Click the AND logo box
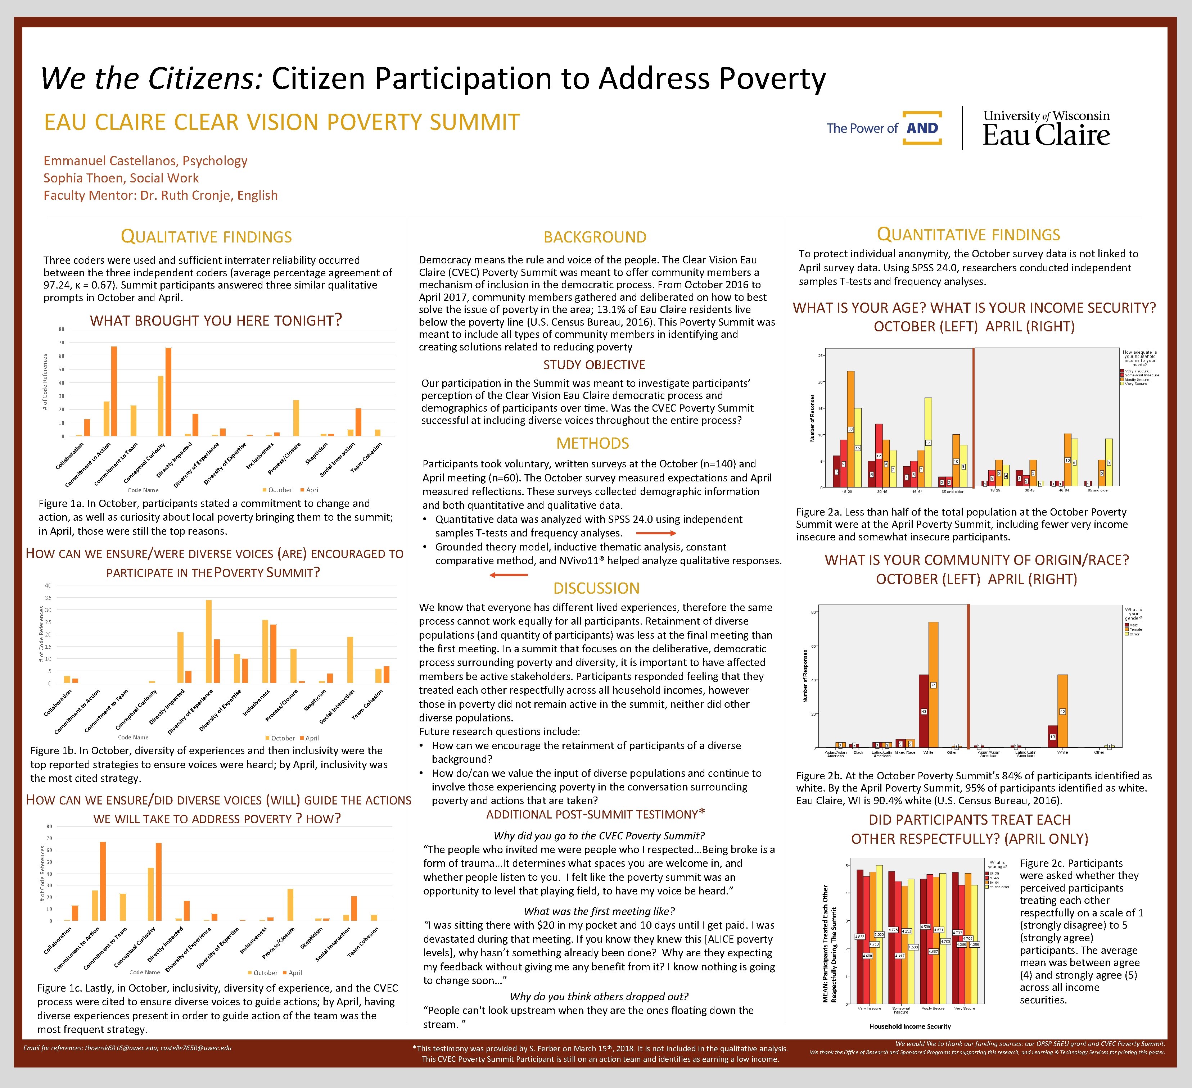click(x=922, y=128)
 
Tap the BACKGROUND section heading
click(x=595, y=237)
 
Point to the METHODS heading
click(x=592, y=443)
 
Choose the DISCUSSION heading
click(x=596, y=588)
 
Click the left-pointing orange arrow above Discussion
click(x=509, y=575)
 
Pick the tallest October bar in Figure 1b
click(x=208, y=641)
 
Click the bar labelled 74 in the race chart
click(x=933, y=684)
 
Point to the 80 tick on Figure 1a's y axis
click(x=62, y=329)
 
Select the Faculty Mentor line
click(x=160, y=196)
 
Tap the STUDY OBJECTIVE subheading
click(x=594, y=364)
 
